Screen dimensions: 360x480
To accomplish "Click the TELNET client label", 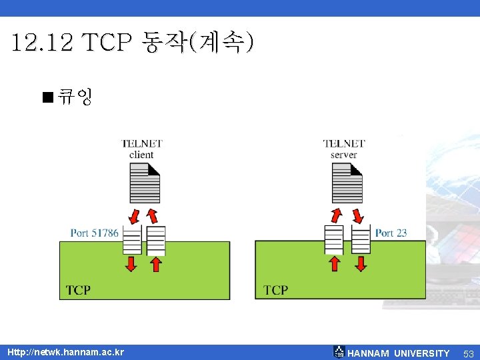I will pyautogui.click(x=141, y=149).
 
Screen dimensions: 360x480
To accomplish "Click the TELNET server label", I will pyautogui.click(x=344, y=149).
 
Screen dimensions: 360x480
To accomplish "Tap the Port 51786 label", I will pyautogui.click(x=95, y=233).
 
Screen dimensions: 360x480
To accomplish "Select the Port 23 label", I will pyautogui.click(x=391, y=233).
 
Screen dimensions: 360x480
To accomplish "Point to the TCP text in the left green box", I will pyautogui.click(x=78, y=290).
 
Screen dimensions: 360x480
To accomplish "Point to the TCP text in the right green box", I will pyautogui.click(x=275, y=290).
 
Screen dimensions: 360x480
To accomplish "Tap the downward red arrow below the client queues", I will pyautogui.click(x=131, y=264).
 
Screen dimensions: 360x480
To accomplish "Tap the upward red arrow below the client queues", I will pyautogui.click(x=156, y=264).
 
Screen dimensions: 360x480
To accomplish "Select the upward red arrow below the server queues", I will pyautogui.click(x=335, y=264).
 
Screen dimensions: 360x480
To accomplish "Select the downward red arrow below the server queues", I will pyautogui.click(x=361, y=264).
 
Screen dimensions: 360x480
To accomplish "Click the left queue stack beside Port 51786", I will pyautogui.click(x=132, y=239).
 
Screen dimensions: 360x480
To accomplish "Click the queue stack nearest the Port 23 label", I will pyautogui.click(x=361, y=239).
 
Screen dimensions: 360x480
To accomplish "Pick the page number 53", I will pyautogui.click(x=468, y=353).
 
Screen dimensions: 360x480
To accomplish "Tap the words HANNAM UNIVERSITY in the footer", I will pyautogui.click(x=399, y=353).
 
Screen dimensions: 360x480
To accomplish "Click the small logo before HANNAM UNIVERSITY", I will pyautogui.click(x=339, y=352).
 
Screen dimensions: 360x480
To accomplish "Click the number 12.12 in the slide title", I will pyautogui.click(x=42, y=43).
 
